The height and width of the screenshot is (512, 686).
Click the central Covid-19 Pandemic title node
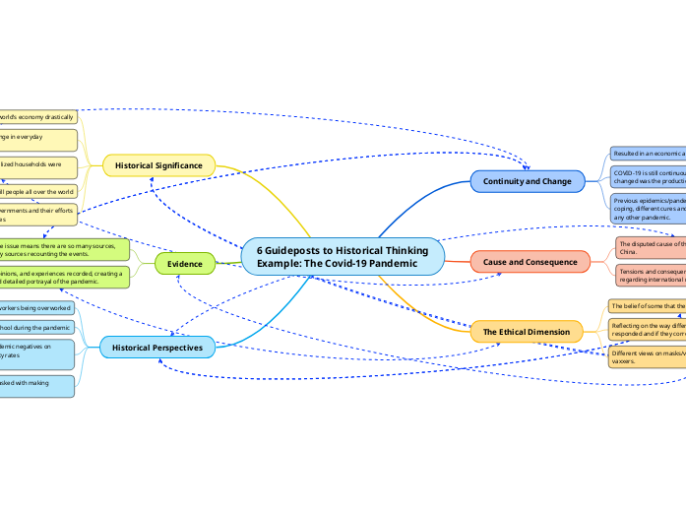tap(343, 256)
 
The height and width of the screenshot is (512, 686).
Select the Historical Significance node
tap(158, 165)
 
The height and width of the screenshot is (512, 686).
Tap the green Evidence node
tap(184, 264)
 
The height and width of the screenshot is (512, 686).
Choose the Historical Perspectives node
tap(156, 348)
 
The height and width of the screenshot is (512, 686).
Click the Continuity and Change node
tap(527, 181)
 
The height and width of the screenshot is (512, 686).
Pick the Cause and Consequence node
tap(530, 261)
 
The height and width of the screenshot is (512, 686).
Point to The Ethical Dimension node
tap(526, 332)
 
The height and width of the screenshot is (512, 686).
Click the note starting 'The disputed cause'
tap(650, 246)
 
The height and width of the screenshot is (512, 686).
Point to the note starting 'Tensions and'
tap(650, 273)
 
